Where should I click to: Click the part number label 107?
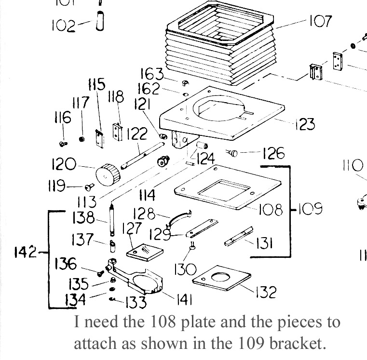[x=319, y=22]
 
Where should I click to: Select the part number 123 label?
[x=304, y=124]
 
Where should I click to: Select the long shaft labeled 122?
[x=140, y=155]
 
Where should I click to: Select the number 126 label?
[x=273, y=154]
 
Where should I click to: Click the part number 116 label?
[x=63, y=118]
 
